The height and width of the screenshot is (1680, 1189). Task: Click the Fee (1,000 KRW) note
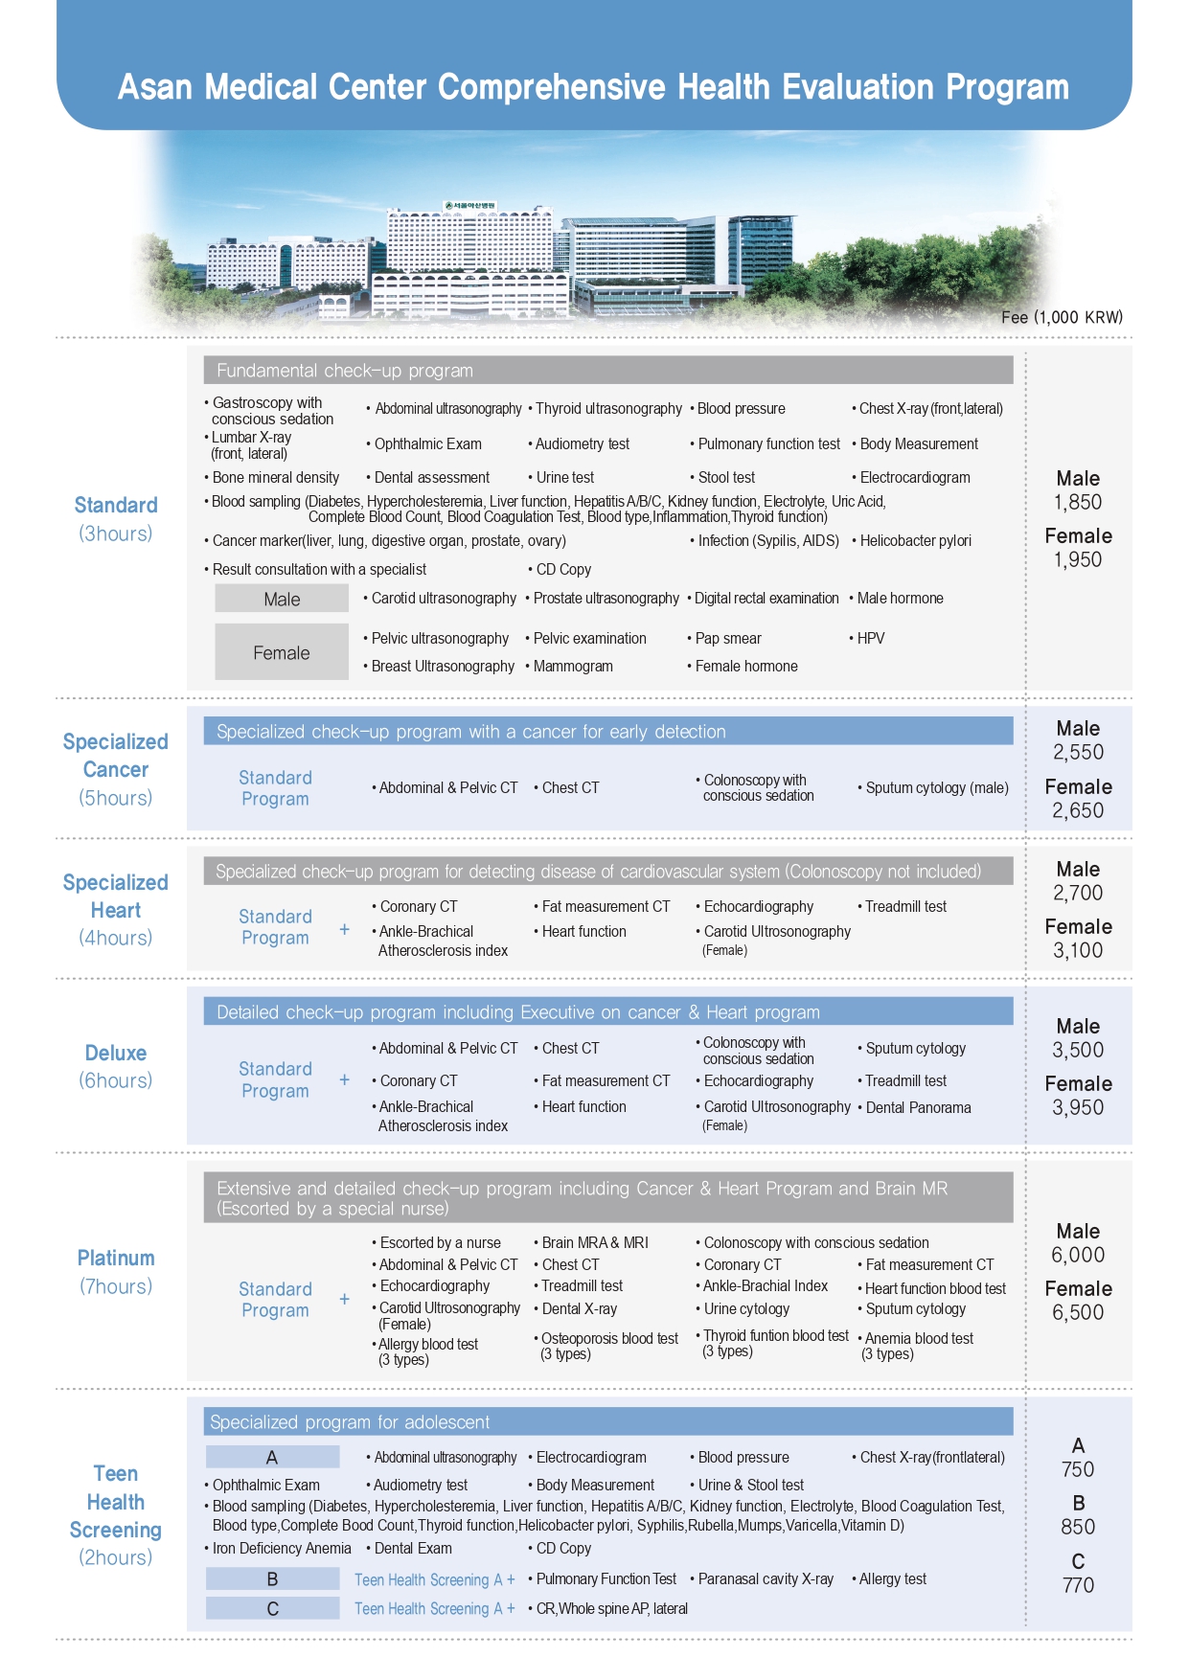(1062, 317)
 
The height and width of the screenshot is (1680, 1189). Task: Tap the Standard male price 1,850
(1078, 502)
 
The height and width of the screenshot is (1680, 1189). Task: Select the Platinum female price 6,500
(1078, 1312)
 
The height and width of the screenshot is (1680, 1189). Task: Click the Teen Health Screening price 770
(1078, 1585)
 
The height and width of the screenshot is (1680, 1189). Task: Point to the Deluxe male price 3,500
(1078, 1050)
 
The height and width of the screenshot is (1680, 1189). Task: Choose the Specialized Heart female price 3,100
(1078, 950)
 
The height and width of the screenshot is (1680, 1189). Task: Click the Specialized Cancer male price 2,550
(1078, 752)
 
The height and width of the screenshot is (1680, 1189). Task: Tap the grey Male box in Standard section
(282, 599)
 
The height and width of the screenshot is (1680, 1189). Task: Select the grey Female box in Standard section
(282, 652)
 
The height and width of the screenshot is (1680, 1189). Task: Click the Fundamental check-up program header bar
(607, 371)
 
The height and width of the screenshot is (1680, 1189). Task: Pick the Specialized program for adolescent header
(607, 1421)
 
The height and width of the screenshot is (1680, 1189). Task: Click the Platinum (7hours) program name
(116, 1271)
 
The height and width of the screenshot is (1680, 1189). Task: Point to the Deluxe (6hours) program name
(116, 1066)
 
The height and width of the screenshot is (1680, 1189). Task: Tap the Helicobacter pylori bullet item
(915, 540)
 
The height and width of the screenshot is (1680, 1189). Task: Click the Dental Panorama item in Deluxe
(918, 1107)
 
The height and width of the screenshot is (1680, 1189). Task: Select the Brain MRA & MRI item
(594, 1242)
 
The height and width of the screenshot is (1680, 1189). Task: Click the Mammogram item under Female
(573, 666)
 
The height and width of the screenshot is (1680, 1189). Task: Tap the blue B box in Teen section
(272, 1578)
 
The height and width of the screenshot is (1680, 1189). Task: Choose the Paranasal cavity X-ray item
(766, 1578)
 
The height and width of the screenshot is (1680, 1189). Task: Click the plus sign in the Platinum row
(345, 1299)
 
